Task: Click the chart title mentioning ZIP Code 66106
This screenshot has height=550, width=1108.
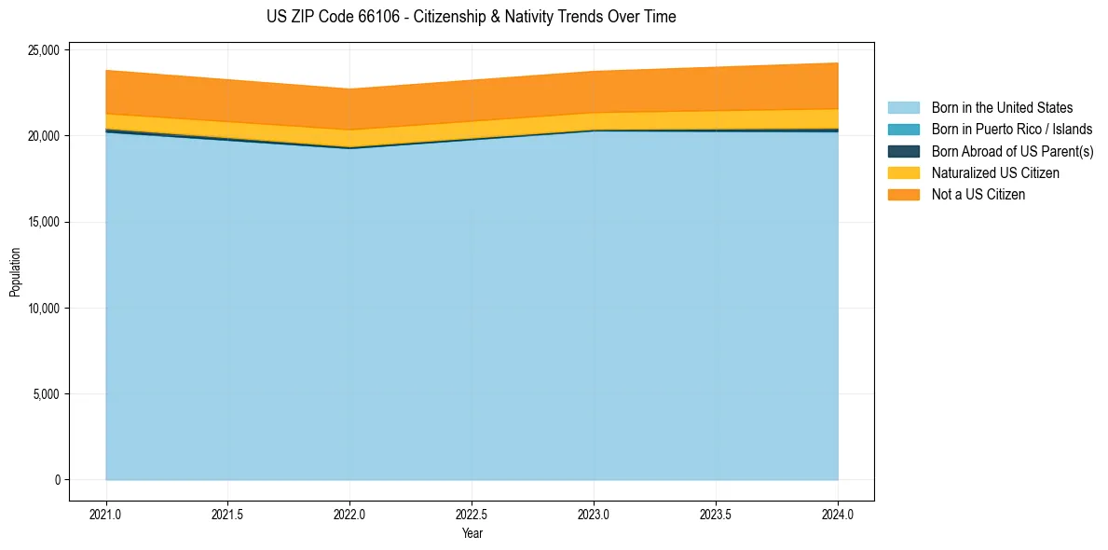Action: point(472,17)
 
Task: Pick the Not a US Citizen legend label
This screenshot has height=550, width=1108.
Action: point(978,195)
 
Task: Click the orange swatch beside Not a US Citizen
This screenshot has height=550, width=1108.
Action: point(903,195)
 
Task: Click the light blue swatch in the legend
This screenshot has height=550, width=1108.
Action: point(903,108)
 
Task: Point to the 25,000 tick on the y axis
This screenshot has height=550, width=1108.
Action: point(44,50)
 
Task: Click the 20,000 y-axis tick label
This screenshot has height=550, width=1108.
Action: point(44,136)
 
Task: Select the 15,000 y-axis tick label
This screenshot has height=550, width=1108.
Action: point(44,222)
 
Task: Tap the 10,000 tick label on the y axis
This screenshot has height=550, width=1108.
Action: point(44,309)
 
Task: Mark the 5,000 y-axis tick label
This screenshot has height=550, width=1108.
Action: point(47,394)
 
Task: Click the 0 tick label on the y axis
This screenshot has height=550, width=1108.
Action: point(58,480)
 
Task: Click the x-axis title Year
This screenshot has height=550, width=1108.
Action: point(472,534)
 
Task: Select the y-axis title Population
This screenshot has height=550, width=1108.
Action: point(15,272)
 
